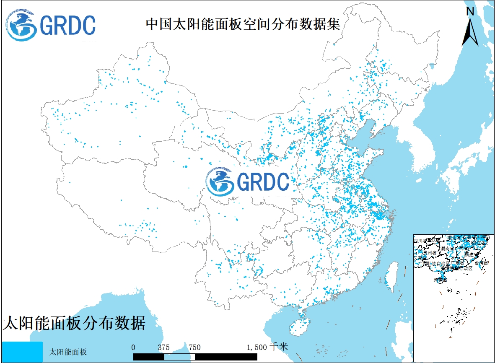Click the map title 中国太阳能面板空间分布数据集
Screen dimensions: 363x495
[x=243, y=24]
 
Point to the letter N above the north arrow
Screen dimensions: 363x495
[x=470, y=12]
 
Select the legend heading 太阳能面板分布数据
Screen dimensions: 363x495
[x=74, y=323]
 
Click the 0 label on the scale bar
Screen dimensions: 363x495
[x=133, y=347]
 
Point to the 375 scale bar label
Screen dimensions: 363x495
[x=163, y=347]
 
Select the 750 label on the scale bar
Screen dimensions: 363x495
[x=194, y=347]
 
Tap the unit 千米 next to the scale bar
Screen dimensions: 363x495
[x=279, y=347]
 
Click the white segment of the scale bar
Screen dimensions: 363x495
[x=179, y=356]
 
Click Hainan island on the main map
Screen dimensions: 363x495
[x=298, y=325]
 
